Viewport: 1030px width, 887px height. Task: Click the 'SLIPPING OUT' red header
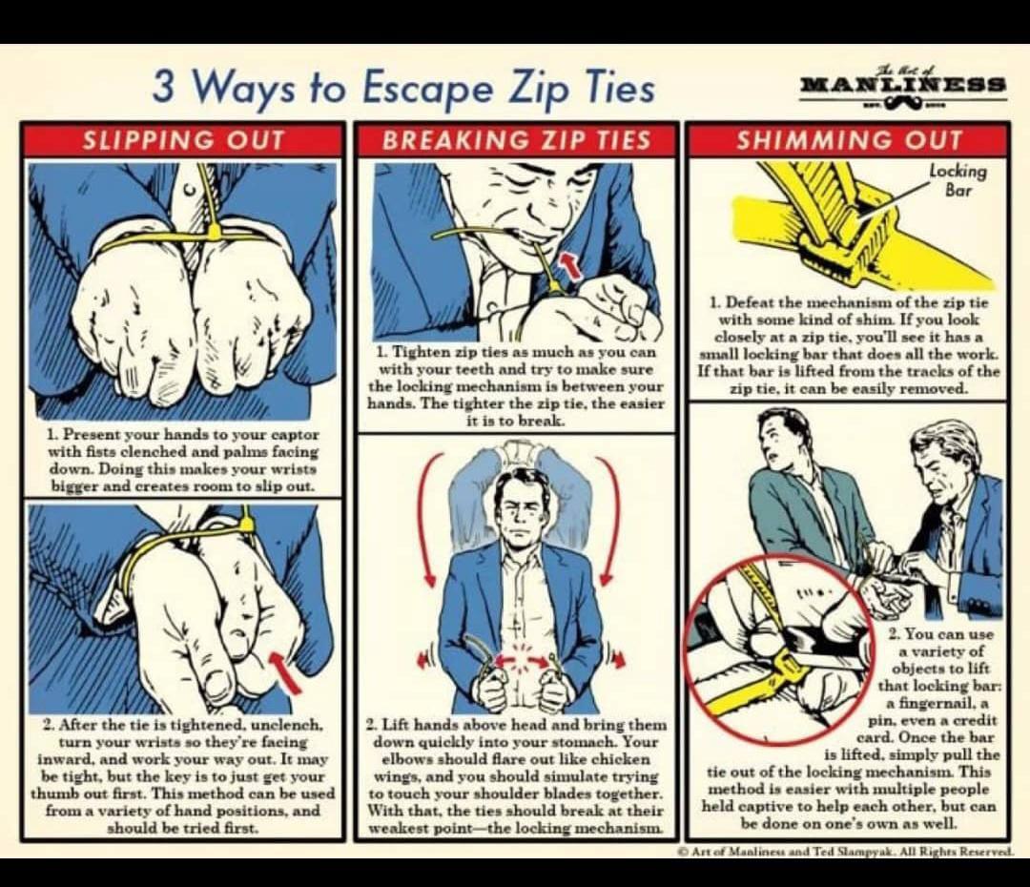pos(183,140)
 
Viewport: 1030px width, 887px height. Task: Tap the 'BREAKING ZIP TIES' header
pos(516,140)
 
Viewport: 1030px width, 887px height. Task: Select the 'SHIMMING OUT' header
pos(849,140)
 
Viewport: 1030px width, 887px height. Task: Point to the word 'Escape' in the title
pos(426,89)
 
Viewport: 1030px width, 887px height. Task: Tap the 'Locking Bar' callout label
pos(958,180)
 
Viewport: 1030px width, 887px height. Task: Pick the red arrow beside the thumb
pos(286,670)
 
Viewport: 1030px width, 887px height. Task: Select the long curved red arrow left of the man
pos(422,519)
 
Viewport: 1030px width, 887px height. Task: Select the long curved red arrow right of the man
pos(611,519)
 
